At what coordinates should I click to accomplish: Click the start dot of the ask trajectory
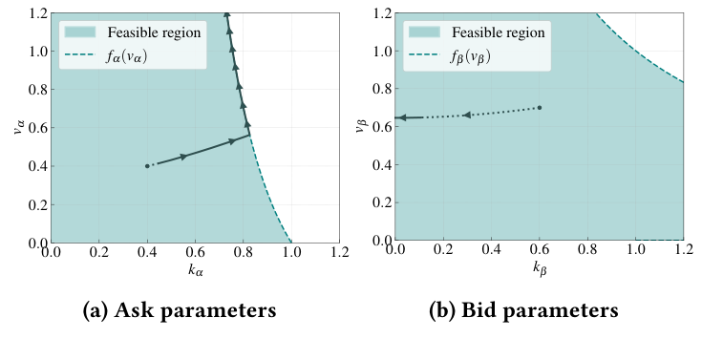click(x=147, y=166)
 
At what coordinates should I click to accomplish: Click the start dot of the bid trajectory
click(x=540, y=107)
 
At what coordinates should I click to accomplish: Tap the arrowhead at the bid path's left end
click(x=402, y=117)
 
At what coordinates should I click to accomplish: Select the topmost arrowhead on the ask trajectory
click(x=226, y=15)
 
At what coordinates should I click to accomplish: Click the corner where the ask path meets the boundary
click(x=250, y=135)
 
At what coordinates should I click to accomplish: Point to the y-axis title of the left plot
click(x=18, y=127)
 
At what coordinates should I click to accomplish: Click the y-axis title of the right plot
click(x=363, y=127)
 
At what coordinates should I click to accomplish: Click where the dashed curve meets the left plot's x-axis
click(x=291, y=243)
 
